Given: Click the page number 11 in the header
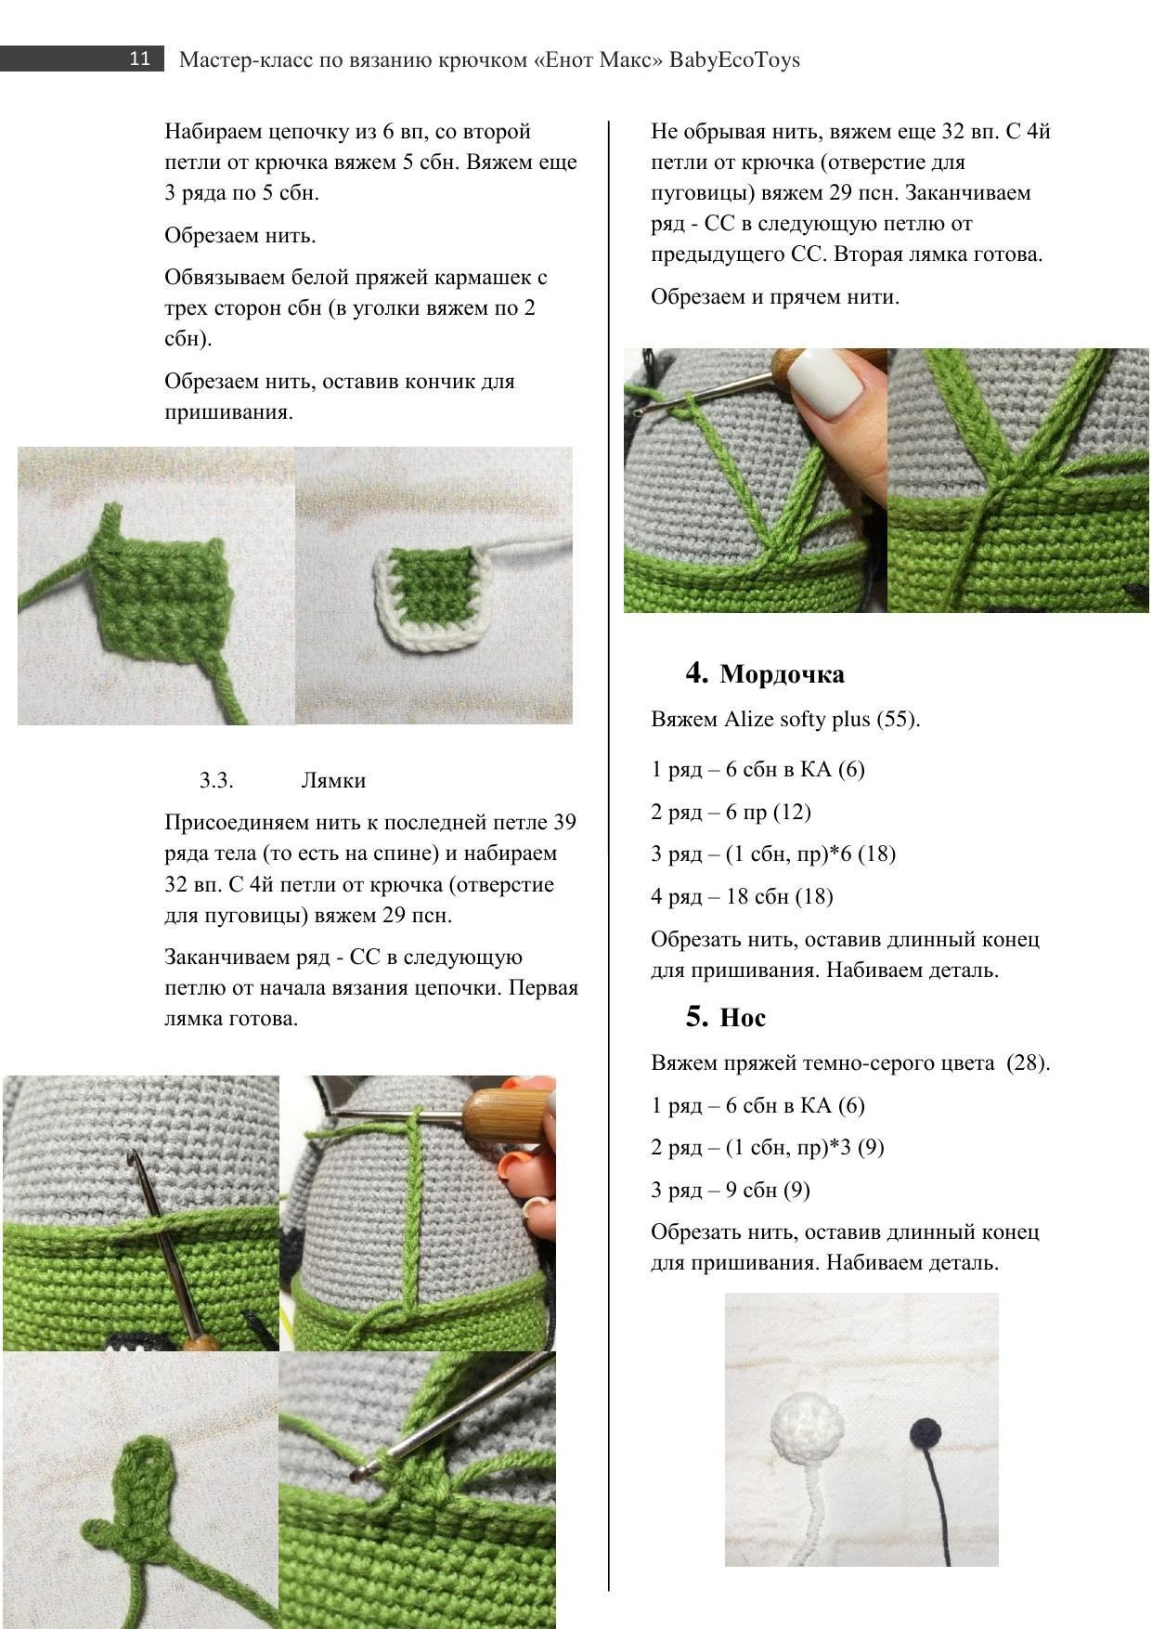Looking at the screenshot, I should click(139, 59).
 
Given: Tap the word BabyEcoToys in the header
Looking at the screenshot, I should click(734, 60).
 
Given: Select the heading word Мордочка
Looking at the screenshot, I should click(782, 674).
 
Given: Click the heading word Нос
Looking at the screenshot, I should click(743, 1018).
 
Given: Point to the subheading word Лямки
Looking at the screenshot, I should click(333, 780).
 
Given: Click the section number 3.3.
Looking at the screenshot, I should click(216, 780).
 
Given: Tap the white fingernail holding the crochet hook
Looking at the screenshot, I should click(834, 382).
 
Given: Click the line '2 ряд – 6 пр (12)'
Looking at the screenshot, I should click(731, 812).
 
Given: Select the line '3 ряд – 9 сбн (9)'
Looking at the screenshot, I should click(730, 1190).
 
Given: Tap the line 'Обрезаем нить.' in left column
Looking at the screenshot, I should click(240, 235).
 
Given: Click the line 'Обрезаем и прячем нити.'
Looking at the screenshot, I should click(775, 297).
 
